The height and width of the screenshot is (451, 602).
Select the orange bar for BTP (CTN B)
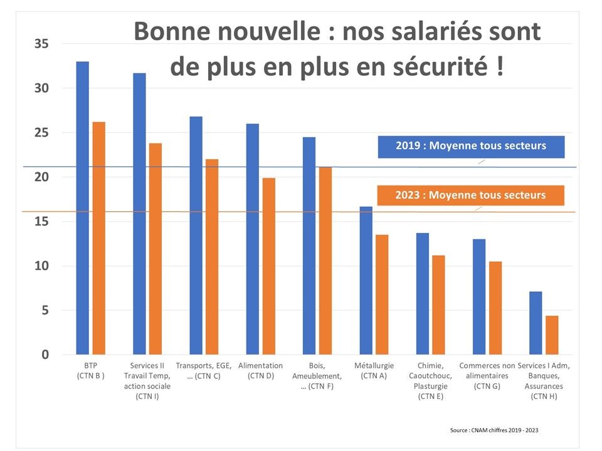point(98,238)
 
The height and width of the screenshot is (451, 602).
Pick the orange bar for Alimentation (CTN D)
point(268,266)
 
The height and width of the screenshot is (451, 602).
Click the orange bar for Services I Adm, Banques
point(552,335)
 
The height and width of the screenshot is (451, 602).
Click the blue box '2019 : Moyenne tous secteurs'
point(471,146)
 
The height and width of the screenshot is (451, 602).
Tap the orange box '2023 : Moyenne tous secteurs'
point(470,195)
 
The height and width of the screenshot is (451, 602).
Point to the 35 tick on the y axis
point(42,44)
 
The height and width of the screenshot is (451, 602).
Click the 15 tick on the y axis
point(42,222)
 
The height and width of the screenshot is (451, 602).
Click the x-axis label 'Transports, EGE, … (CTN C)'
point(204,370)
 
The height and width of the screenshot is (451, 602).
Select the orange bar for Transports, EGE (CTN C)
point(212,257)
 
